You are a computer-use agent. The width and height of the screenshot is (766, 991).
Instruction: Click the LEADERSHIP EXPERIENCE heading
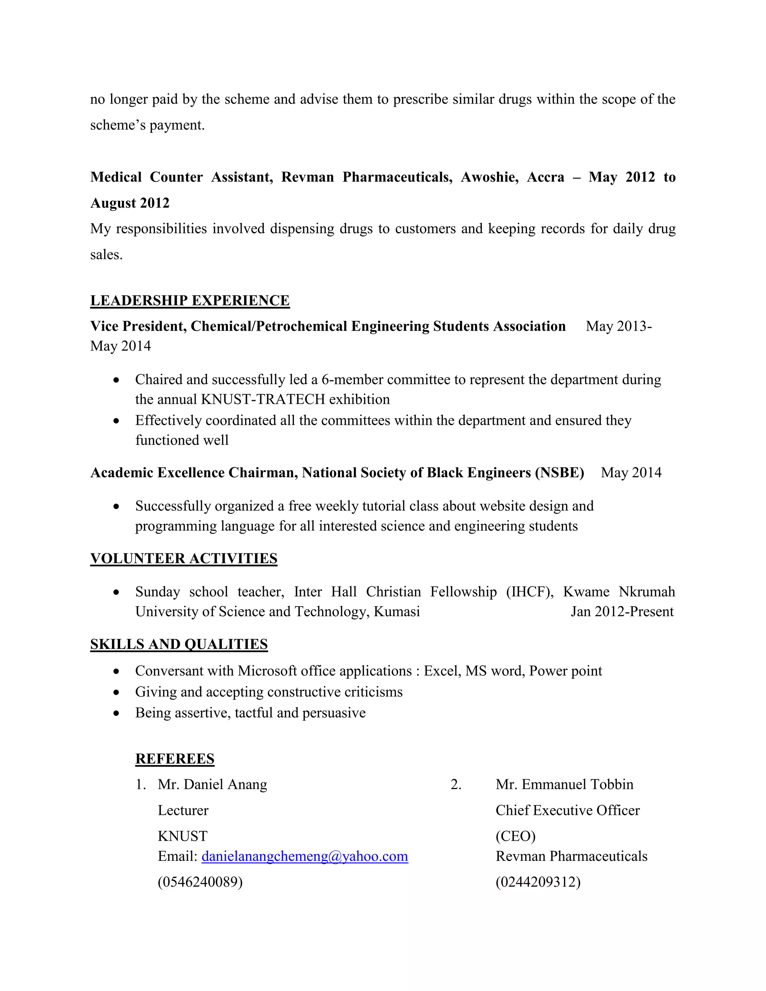point(190,300)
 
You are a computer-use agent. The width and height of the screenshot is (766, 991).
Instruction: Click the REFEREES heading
point(175,759)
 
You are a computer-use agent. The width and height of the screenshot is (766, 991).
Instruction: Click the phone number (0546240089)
point(200,882)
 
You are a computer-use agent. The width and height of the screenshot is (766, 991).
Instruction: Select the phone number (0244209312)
point(538,882)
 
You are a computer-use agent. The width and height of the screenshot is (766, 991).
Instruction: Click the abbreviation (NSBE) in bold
point(559,472)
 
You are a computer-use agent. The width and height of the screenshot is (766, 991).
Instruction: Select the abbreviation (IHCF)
point(530,592)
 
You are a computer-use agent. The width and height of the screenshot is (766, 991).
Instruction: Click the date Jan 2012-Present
point(622,612)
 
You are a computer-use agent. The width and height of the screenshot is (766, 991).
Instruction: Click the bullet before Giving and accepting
point(117,693)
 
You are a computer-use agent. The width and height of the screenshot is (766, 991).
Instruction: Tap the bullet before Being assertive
point(117,713)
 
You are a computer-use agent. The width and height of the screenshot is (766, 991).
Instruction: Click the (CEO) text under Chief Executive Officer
point(515,836)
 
